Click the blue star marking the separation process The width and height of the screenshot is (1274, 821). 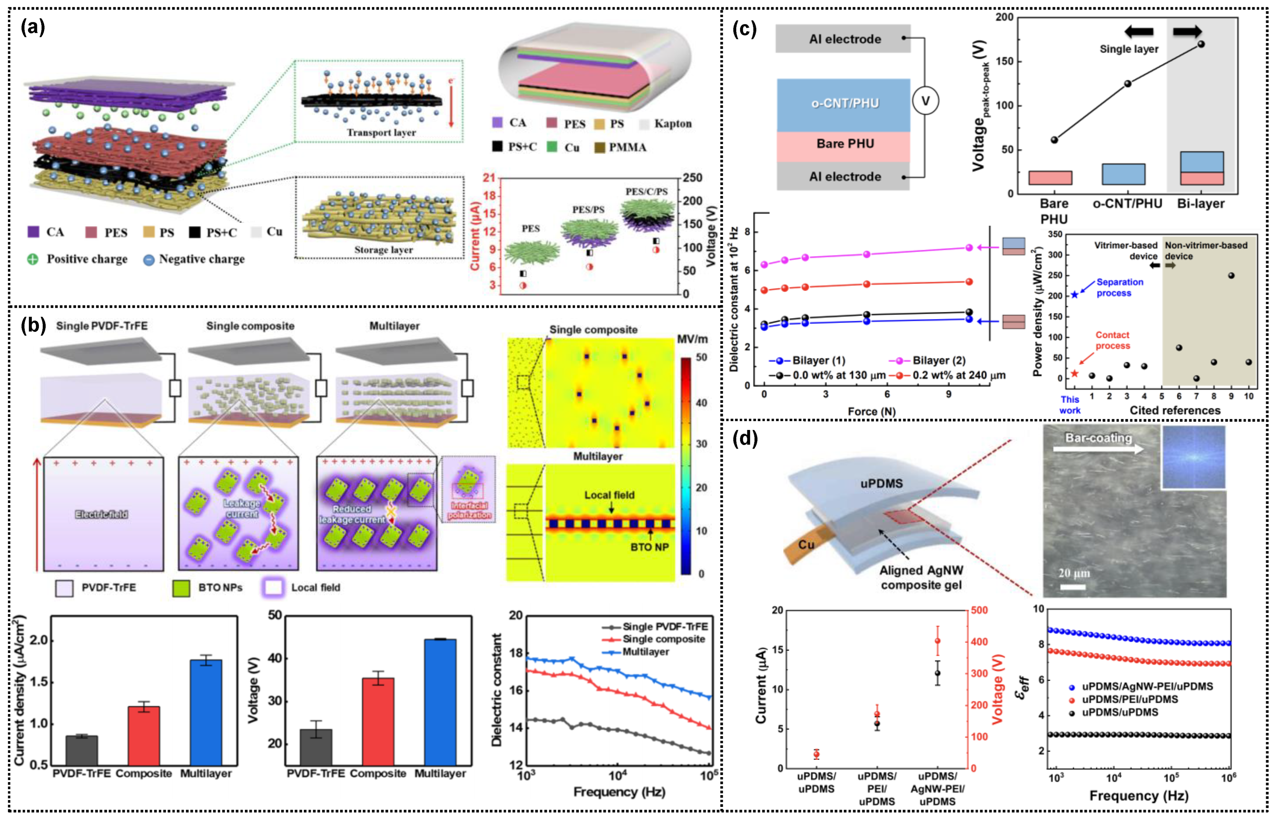tap(1075, 295)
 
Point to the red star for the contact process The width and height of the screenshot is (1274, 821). tap(1075, 374)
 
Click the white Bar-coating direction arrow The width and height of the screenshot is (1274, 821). tap(1098, 449)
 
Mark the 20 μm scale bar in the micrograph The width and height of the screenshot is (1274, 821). tap(1073, 587)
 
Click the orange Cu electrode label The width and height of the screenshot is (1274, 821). tap(806, 544)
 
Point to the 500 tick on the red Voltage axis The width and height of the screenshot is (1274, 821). tap(979, 610)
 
